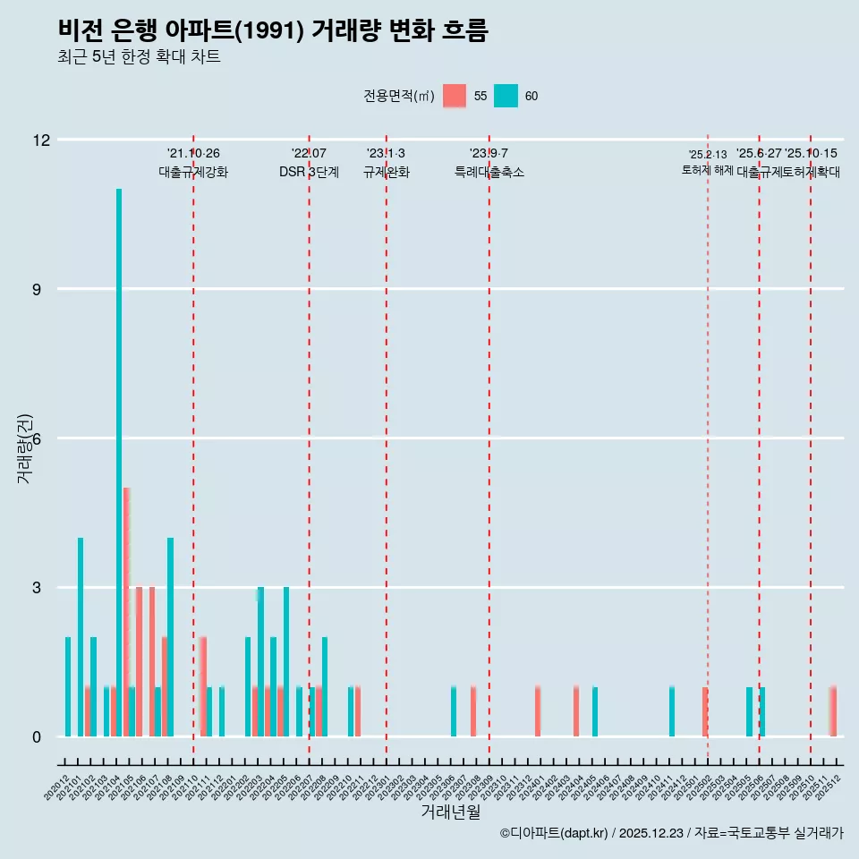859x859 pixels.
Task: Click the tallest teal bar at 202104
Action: click(119, 463)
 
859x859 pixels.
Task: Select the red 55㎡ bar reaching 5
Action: click(127, 612)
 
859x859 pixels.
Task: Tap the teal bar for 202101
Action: click(81, 637)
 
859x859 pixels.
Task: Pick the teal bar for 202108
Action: click(170, 637)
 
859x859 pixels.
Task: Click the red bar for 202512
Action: click(833, 712)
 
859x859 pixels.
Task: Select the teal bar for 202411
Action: click(672, 712)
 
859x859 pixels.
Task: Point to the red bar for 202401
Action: click(538, 712)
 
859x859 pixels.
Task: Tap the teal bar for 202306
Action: click(454, 712)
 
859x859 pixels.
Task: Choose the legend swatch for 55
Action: click(455, 96)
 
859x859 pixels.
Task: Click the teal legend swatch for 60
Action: click(506, 96)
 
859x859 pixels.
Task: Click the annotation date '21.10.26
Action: click(193, 154)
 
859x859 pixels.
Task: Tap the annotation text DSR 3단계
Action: click(309, 173)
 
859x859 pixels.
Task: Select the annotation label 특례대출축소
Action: click(489, 173)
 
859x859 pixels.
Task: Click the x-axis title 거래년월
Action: click(451, 812)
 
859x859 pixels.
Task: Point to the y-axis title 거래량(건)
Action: click(24, 447)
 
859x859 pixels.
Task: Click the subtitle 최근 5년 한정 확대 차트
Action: click(139, 57)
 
